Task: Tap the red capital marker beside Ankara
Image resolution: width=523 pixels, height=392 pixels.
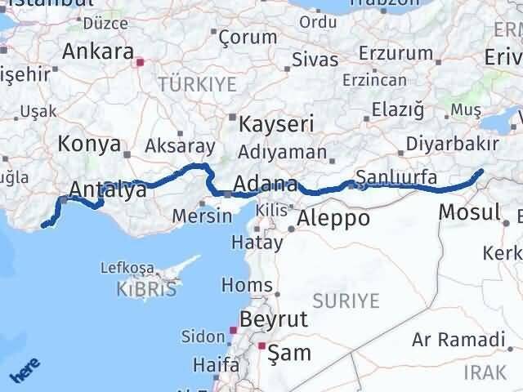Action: click(x=141, y=60)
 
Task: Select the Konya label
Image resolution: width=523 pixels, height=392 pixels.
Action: click(x=85, y=144)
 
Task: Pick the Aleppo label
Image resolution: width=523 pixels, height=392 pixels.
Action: click(x=333, y=218)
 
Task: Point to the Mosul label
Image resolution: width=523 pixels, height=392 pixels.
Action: click(x=469, y=212)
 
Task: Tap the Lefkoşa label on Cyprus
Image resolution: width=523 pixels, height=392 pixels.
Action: click(x=127, y=267)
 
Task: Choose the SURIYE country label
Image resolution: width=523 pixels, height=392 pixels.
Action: click(x=351, y=301)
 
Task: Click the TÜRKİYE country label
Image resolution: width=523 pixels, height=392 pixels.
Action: click(x=197, y=84)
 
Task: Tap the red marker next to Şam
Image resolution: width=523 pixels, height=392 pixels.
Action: click(x=261, y=346)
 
